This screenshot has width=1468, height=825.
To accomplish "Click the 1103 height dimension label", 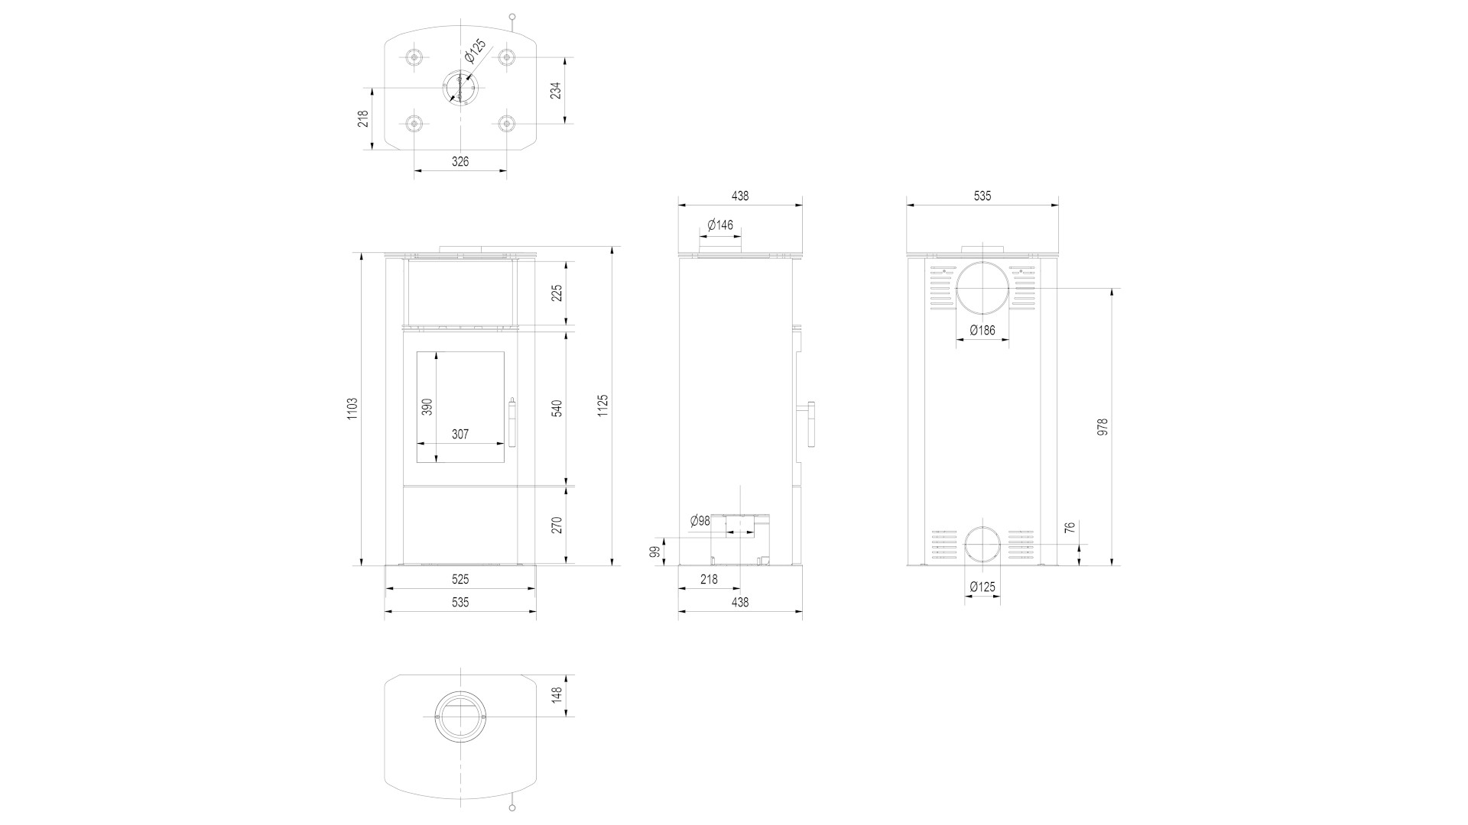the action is [352, 408].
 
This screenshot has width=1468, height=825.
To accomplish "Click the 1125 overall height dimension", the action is [602, 406].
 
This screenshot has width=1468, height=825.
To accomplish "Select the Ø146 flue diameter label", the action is [720, 225].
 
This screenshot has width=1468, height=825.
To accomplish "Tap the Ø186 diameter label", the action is [982, 330].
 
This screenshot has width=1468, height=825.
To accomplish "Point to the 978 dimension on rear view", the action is [1102, 426].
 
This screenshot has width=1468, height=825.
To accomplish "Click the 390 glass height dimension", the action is [427, 406].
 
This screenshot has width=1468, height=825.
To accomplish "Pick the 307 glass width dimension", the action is [460, 434].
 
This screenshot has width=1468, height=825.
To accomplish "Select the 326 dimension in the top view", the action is [460, 161].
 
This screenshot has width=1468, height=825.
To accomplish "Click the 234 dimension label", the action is [556, 90].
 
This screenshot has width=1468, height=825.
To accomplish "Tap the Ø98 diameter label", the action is [700, 521].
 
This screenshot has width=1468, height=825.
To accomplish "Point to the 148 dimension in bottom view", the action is [557, 694].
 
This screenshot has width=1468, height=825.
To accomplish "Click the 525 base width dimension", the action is [460, 580].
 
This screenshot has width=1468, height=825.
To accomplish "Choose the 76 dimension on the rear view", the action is [1070, 527].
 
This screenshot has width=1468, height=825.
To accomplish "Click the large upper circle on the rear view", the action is [956, 288].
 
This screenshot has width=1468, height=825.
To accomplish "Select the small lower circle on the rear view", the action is [965, 545].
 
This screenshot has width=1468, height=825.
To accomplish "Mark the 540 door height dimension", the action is [557, 408].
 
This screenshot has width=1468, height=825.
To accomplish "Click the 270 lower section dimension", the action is [557, 525].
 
